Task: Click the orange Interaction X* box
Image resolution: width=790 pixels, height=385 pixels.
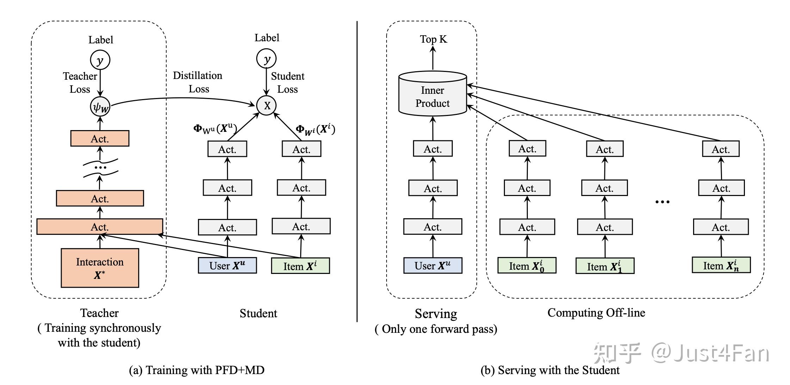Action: (100, 268)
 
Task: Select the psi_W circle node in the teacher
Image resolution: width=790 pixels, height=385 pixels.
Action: (100, 106)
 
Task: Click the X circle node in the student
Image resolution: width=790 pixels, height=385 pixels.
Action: (266, 105)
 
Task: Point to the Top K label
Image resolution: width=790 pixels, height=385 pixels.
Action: (433, 39)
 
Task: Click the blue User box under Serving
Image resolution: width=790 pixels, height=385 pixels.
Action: (432, 265)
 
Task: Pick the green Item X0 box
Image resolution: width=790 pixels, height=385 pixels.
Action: (527, 265)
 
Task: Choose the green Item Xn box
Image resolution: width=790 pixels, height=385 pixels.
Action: (721, 265)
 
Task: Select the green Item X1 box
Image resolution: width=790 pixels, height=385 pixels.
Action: (605, 266)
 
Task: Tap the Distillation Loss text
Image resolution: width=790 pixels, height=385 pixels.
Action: (198, 82)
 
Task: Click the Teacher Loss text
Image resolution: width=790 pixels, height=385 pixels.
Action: (80, 82)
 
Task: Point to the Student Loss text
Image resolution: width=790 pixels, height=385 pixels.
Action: (288, 82)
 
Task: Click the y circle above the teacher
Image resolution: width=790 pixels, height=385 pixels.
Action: (100, 60)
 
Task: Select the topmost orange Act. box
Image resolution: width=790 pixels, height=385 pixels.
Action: (100, 139)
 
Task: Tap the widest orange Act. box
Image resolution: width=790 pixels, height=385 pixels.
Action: (100, 227)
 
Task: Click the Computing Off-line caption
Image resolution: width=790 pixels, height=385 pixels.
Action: (596, 313)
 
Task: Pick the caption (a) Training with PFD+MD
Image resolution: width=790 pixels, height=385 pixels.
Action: (197, 370)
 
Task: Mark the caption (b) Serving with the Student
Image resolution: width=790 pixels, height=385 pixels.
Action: (550, 370)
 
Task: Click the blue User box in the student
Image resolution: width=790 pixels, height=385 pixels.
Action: (227, 265)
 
